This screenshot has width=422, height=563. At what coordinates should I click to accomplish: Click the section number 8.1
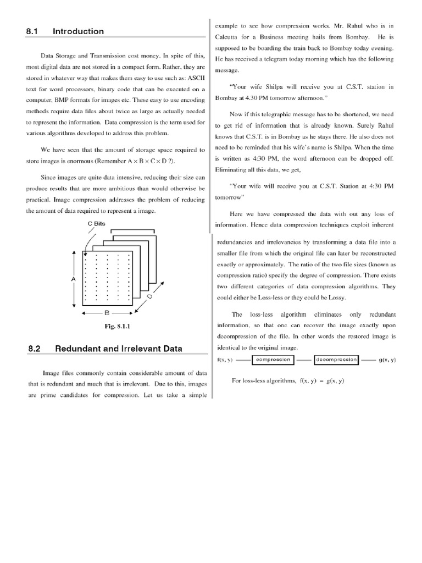pos(31,31)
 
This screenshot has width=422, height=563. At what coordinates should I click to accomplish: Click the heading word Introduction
pos(78,31)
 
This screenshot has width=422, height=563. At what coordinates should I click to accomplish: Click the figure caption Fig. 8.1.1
pos(117,326)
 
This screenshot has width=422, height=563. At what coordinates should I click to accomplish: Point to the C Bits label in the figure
pos(96,224)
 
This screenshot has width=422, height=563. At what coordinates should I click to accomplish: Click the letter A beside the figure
pos(73,279)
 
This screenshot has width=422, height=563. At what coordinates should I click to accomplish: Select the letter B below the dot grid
pos(107,312)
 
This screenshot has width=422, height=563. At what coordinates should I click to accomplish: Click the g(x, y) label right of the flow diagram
pos(387,360)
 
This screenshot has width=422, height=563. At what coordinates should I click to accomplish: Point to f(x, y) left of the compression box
pos(225,360)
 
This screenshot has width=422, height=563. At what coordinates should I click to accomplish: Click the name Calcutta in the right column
pos(227,36)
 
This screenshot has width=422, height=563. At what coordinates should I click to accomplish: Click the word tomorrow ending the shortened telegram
pos(229,197)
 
